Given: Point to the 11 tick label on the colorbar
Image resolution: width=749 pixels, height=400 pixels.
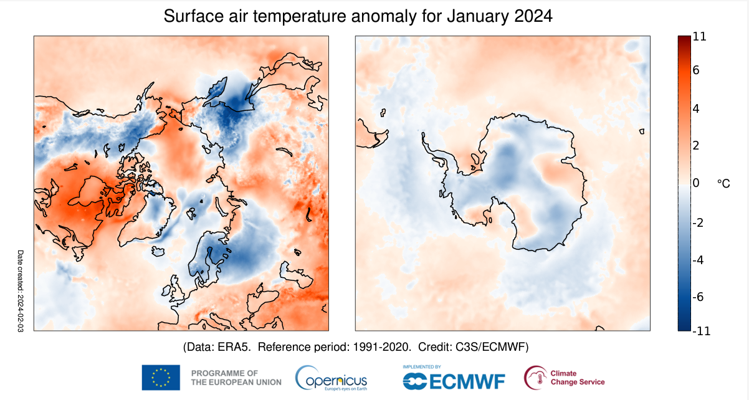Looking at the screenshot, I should click(699, 37).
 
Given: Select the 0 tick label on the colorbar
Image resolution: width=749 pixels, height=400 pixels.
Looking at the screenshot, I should click(696, 183).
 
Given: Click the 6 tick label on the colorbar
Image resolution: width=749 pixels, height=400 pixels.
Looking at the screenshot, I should click(696, 70).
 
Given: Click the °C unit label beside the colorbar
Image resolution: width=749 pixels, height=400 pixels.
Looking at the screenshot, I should click(723, 183).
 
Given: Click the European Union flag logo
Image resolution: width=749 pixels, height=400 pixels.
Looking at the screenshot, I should click(161, 378).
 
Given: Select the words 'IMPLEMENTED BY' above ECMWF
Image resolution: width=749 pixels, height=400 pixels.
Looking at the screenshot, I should click(422, 367).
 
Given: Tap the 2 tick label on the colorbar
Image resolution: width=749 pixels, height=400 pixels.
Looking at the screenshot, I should click(696, 145).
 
